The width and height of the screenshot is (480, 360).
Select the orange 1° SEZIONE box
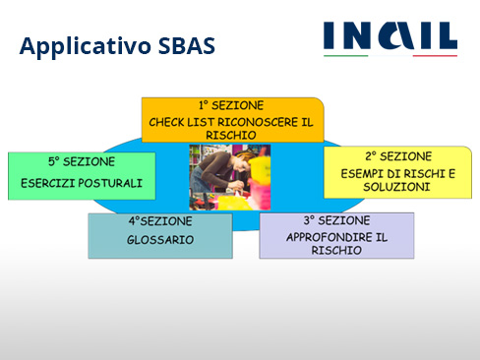[x=233, y=120]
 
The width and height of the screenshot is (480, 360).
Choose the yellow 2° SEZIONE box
[x=397, y=171]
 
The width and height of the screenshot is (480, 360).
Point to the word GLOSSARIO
[x=160, y=239]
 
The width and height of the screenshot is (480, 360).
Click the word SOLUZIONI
[x=397, y=186]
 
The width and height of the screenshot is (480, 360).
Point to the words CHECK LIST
[x=180, y=122]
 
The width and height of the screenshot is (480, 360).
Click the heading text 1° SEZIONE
[x=233, y=105]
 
